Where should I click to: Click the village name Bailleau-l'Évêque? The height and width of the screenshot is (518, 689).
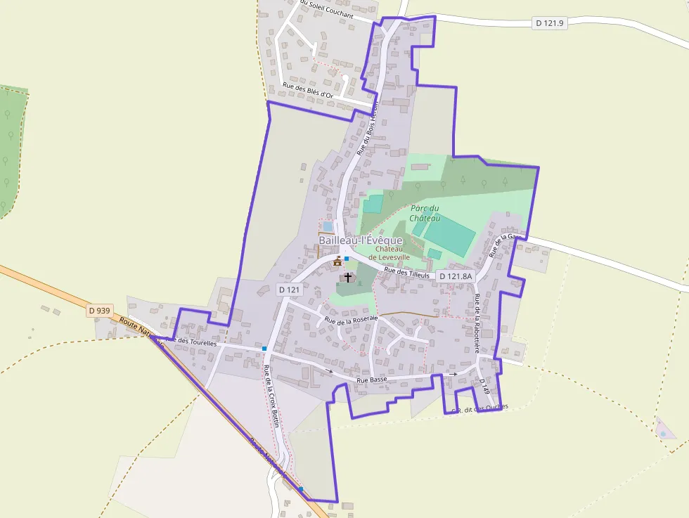(361, 240)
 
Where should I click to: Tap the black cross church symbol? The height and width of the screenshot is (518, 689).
(347, 278)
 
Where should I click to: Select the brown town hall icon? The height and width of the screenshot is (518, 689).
(337, 261)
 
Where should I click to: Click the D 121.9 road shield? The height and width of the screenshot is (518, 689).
(550, 23)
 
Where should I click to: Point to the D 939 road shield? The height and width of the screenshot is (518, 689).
(101, 310)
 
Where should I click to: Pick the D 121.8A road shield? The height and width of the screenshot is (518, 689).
(456, 276)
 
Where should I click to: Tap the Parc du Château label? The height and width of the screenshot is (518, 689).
(425, 213)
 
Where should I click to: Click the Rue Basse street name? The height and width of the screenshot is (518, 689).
(372, 380)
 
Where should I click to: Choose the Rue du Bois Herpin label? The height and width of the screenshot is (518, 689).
(367, 127)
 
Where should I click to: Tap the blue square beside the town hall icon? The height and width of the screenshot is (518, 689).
(347, 259)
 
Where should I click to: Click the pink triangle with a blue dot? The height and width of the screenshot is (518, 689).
(663, 430)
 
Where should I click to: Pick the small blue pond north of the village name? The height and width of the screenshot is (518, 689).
(328, 226)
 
